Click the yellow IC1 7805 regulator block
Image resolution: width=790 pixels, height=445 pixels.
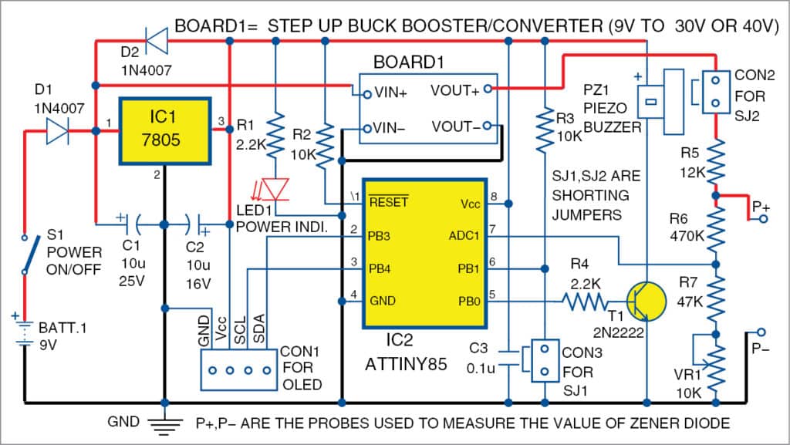(164, 130)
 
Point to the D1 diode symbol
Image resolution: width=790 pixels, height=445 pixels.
(59, 131)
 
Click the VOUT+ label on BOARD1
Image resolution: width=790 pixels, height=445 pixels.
(454, 89)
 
